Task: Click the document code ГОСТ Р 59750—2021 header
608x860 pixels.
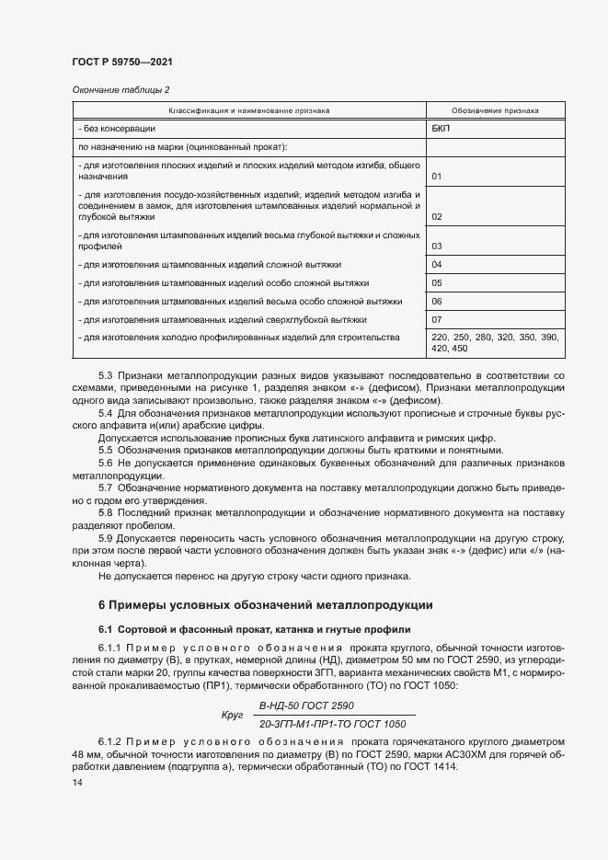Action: (x=121, y=62)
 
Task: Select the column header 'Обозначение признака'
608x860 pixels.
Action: (x=496, y=110)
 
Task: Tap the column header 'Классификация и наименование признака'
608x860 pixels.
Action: (x=248, y=110)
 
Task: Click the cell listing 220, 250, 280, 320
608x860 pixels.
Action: (x=495, y=343)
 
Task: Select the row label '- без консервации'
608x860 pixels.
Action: (x=117, y=129)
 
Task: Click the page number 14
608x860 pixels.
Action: (x=77, y=782)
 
